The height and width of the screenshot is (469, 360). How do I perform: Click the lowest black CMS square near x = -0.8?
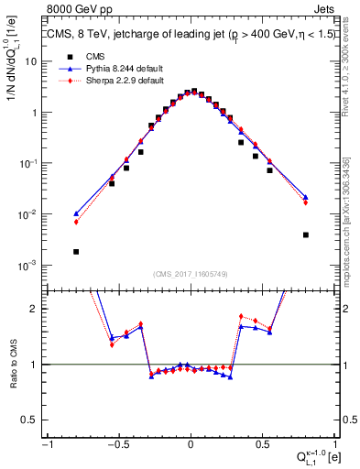click(76, 252)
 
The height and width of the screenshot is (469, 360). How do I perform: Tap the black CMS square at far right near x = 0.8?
click(305, 234)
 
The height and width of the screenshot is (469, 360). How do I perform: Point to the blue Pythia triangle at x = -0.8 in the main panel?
click(76, 213)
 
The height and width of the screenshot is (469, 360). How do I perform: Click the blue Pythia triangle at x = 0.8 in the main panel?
click(305, 197)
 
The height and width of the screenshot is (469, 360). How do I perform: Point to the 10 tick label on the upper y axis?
click(34, 61)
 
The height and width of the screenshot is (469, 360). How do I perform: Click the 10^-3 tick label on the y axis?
click(30, 266)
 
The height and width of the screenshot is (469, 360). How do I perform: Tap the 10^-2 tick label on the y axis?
click(30, 214)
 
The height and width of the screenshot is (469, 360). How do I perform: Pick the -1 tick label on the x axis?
click(46, 444)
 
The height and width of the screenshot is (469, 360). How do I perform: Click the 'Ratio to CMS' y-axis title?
click(12, 364)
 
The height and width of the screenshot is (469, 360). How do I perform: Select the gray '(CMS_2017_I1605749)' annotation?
click(190, 275)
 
